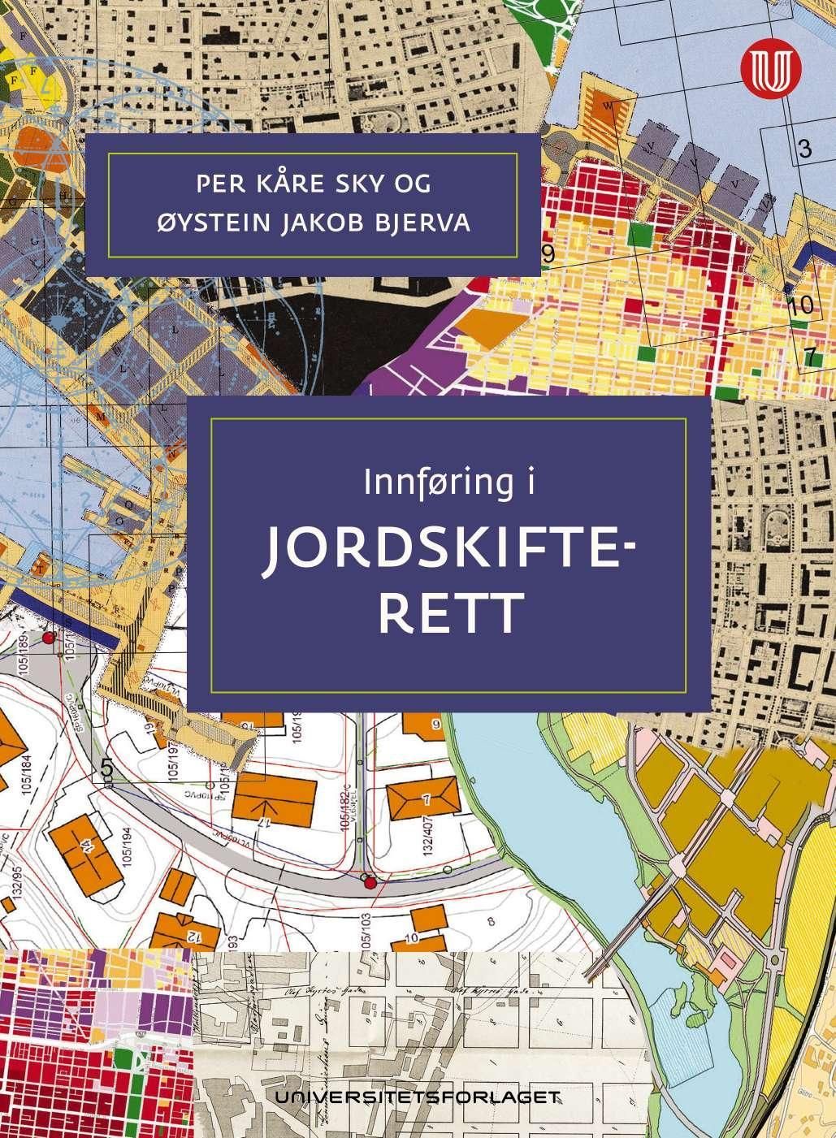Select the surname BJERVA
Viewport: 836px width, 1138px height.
click(428, 222)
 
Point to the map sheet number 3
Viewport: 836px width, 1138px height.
click(804, 149)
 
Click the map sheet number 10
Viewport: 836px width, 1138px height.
click(800, 306)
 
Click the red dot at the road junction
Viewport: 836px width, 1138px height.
click(370, 882)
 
